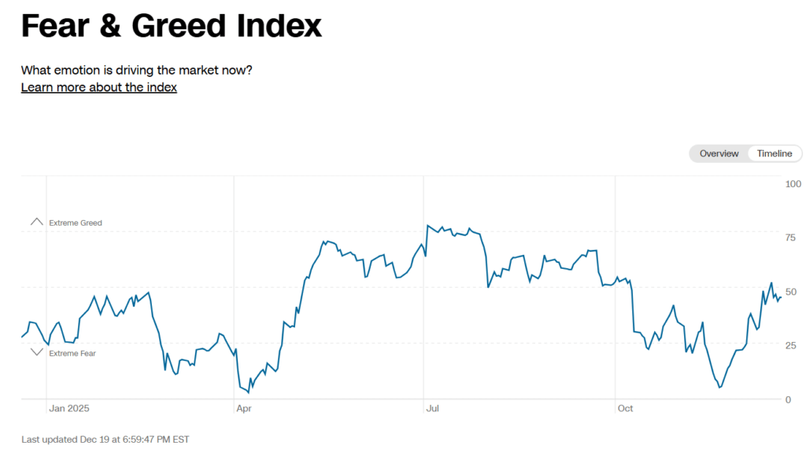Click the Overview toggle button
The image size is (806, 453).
coord(719,153)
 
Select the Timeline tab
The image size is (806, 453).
coord(775,153)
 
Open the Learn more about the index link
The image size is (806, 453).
coord(99,87)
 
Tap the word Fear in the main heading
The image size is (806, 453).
coord(54,26)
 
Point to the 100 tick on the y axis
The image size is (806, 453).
coord(793,184)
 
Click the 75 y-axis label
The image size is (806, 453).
coord(790,238)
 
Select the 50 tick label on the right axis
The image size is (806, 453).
coord(790,292)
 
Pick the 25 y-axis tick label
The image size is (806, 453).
coord(790,346)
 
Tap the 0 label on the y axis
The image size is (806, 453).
coord(788,400)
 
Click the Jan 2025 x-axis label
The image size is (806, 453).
coord(69,408)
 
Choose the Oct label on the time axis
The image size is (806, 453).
coord(626,408)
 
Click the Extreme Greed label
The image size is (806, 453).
coord(76,223)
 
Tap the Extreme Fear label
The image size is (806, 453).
coord(72,354)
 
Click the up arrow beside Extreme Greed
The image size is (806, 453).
coord(36,223)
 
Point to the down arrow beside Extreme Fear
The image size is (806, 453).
coord(36,352)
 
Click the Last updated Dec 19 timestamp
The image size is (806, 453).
coord(105,439)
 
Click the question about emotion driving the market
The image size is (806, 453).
coord(137,70)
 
